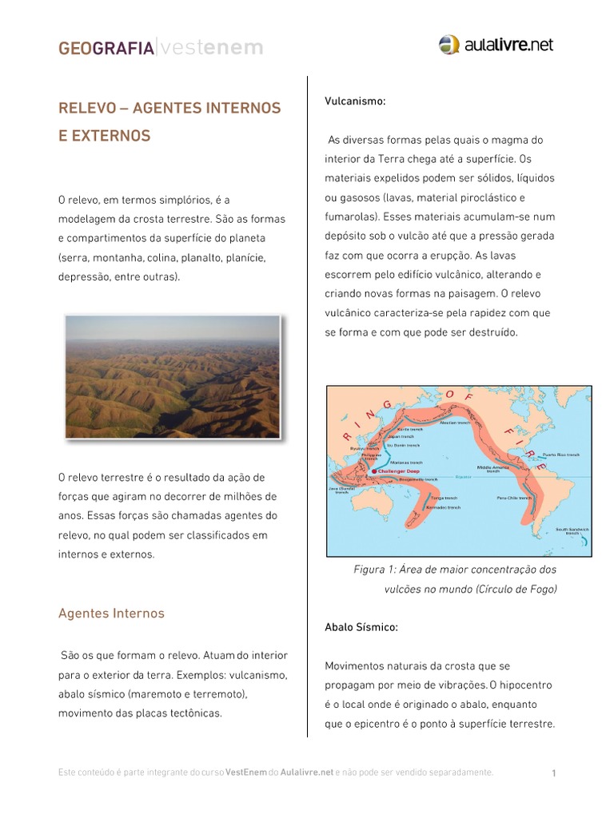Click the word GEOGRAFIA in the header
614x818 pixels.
pyautogui.click(x=106, y=49)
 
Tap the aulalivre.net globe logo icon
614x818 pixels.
pyautogui.click(x=449, y=46)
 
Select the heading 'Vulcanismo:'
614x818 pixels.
pyautogui.click(x=355, y=101)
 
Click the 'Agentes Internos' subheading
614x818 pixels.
pyautogui.click(x=111, y=613)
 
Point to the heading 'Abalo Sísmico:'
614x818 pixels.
pyautogui.click(x=361, y=627)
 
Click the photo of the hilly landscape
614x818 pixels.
pyautogui.click(x=172, y=377)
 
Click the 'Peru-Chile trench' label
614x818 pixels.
pyautogui.click(x=514, y=497)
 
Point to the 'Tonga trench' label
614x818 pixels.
pyautogui.click(x=442, y=497)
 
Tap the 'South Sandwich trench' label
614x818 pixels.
pyautogui.click(x=572, y=530)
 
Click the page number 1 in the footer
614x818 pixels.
pyautogui.click(x=553, y=773)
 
